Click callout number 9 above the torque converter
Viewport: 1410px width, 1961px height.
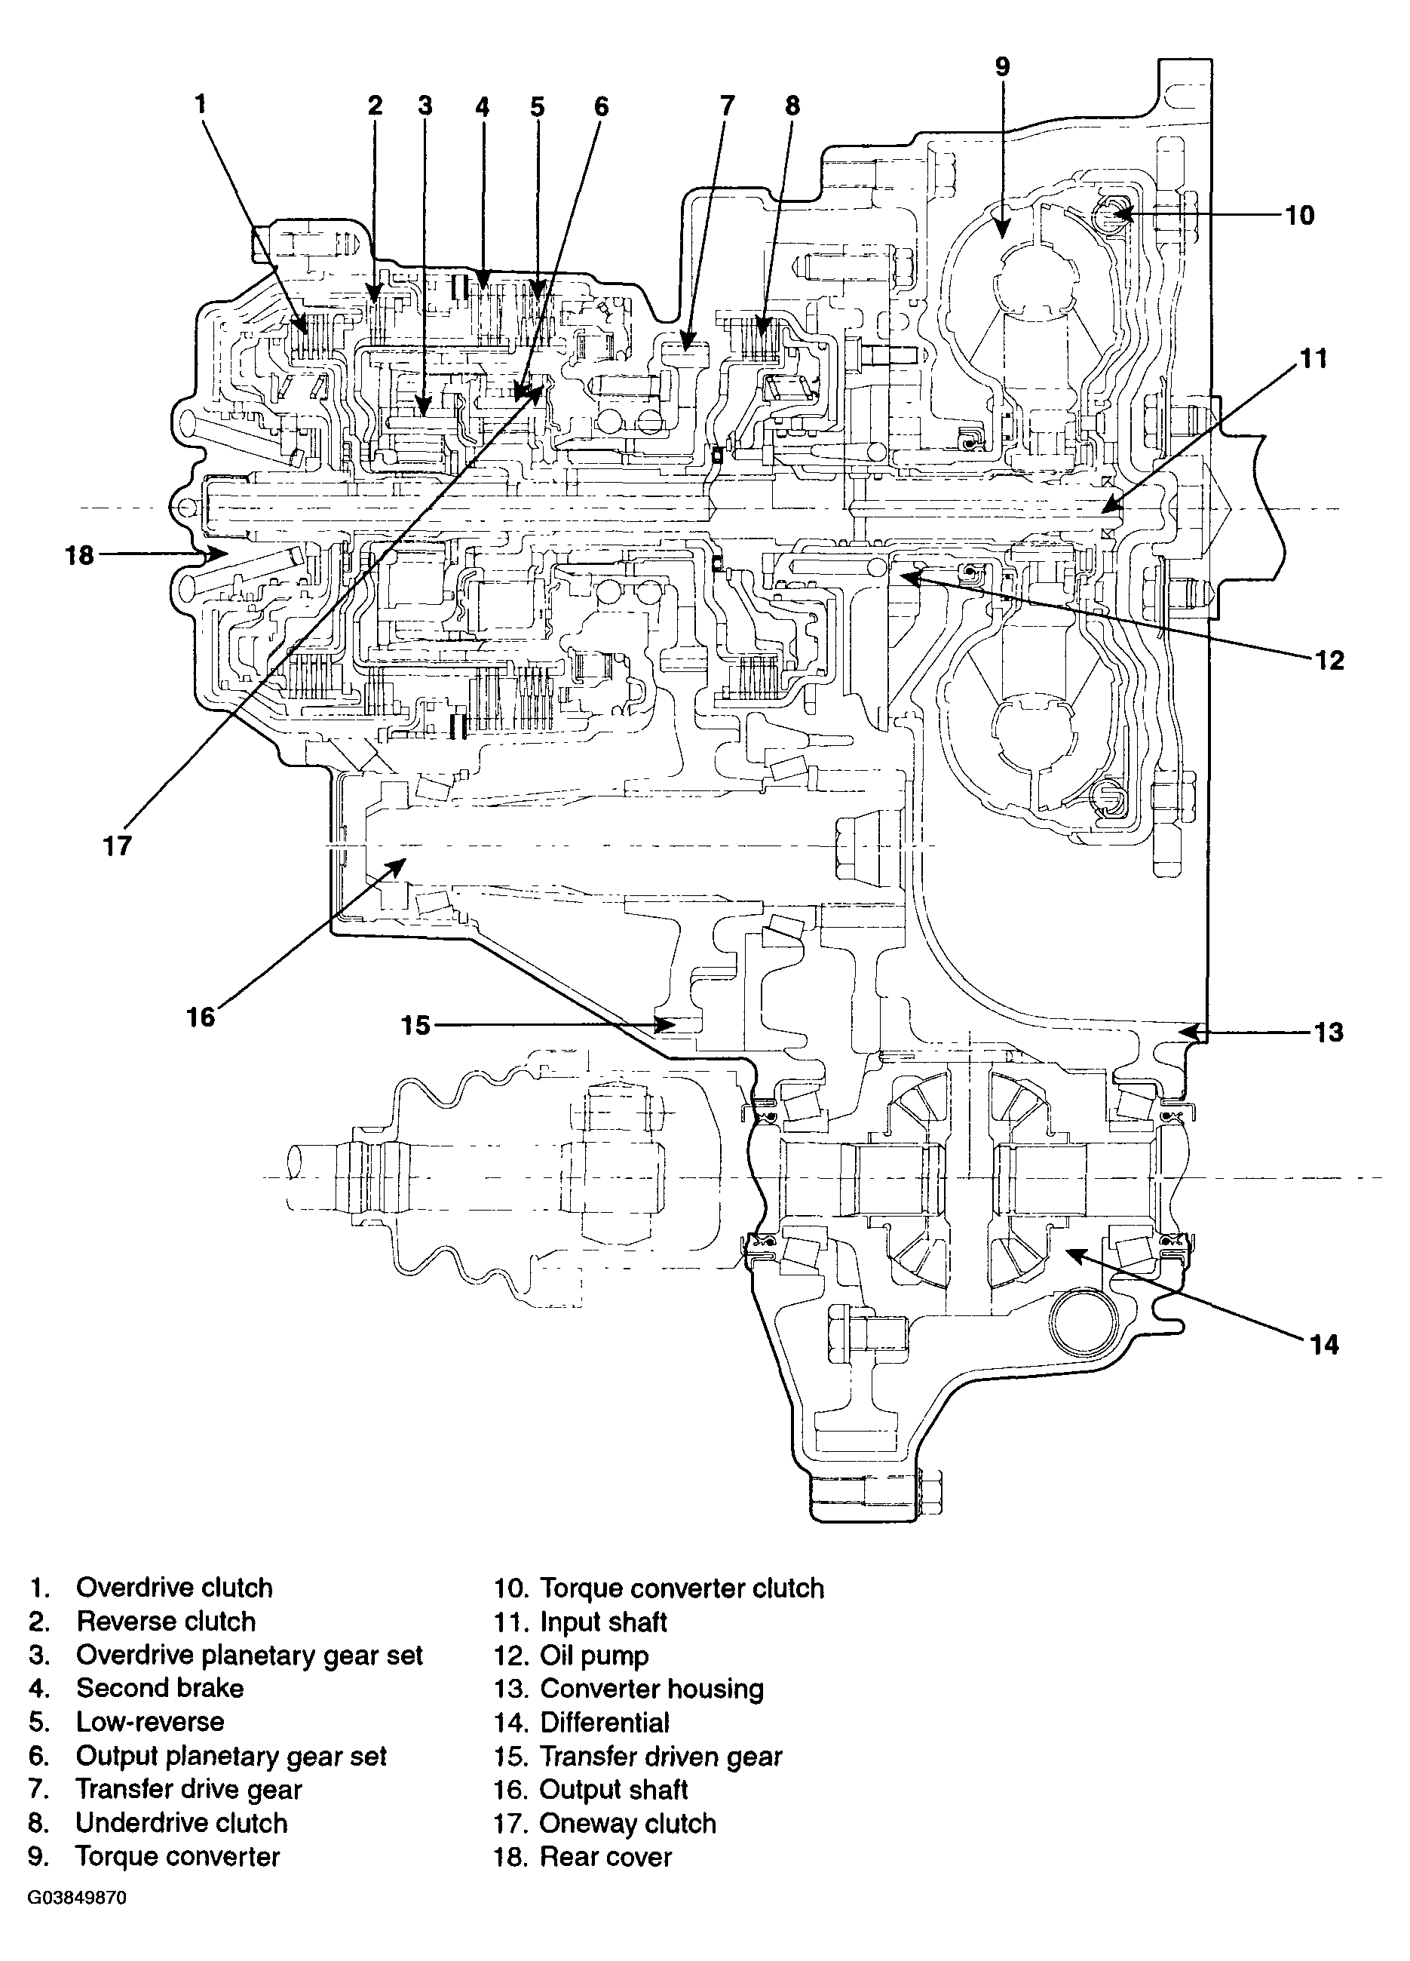click(1002, 66)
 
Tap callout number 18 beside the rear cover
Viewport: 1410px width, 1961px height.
click(79, 554)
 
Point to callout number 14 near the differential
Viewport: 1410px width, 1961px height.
click(1324, 1345)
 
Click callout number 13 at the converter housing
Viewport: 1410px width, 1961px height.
click(1328, 1032)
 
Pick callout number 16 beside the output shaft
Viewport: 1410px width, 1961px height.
click(201, 1016)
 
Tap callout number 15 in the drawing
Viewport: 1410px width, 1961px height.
click(415, 1026)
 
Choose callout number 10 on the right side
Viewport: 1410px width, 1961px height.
click(1299, 214)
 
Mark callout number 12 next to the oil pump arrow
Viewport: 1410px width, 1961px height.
click(1329, 661)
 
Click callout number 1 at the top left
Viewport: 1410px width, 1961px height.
click(201, 104)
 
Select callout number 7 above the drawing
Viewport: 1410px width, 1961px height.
click(727, 106)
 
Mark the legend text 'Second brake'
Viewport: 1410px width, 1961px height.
click(160, 1688)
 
